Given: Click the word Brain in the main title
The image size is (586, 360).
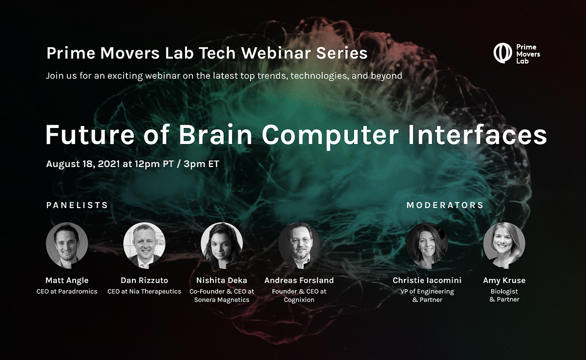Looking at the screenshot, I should pyautogui.click(x=220, y=135).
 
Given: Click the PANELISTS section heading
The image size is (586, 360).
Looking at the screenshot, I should pyautogui.click(x=77, y=205).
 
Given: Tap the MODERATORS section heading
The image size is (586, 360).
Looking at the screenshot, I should pyautogui.click(x=445, y=205).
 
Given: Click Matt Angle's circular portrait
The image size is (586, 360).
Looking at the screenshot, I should pyautogui.click(x=67, y=245).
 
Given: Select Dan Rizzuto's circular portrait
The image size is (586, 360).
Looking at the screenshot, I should pyautogui.click(x=144, y=245).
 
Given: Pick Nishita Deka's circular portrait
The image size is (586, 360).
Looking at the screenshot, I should pyautogui.click(x=222, y=245).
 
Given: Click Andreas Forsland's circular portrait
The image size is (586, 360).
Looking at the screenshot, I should pyautogui.click(x=299, y=245).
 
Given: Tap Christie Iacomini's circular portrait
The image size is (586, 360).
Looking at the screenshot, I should pyautogui.click(x=427, y=245).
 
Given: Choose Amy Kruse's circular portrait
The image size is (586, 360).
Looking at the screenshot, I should pyautogui.click(x=504, y=245).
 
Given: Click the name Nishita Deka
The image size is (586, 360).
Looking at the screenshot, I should pyautogui.click(x=222, y=280).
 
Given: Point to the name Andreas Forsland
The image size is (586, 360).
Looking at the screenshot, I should pyautogui.click(x=299, y=280).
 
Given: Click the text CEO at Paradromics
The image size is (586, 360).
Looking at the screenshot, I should pyautogui.click(x=67, y=292).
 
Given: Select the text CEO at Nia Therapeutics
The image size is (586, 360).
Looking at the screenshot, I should pyautogui.click(x=144, y=292).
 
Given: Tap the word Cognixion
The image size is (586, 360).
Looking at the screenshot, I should pyautogui.click(x=299, y=299).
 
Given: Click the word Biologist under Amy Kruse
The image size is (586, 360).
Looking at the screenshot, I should pyautogui.click(x=504, y=292).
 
